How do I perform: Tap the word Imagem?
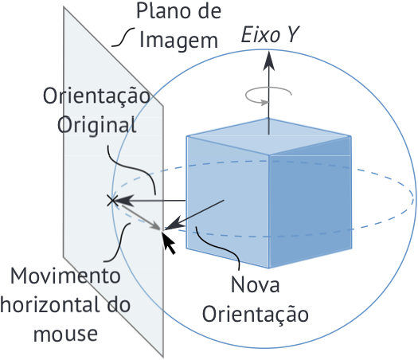179,41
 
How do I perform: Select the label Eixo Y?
270,34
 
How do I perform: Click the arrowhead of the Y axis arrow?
269,61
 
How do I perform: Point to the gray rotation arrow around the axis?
268,95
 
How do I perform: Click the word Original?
97,125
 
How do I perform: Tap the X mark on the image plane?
112,200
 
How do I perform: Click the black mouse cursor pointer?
169,243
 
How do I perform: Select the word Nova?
255,285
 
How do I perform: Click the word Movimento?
65,276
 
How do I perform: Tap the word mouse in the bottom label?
65,334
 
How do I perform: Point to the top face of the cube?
269,136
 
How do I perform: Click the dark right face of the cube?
311,202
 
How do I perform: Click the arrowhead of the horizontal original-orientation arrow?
123,200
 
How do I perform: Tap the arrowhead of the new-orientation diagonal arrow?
174,224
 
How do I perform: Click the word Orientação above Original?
97,96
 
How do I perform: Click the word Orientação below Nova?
256,314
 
